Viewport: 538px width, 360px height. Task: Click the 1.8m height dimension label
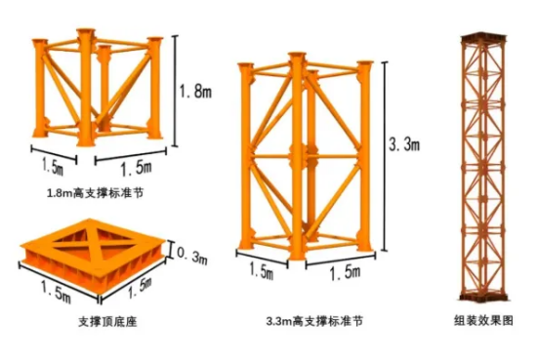[x=195, y=91]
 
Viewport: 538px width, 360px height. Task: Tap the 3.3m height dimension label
[x=404, y=143]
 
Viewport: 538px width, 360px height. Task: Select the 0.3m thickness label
[x=192, y=256]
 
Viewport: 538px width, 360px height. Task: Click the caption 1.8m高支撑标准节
[x=95, y=193]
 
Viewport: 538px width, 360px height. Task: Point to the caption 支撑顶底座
[x=107, y=322]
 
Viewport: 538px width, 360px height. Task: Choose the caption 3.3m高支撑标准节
[x=314, y=321]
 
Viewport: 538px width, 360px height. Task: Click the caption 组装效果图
[x=483, y=320]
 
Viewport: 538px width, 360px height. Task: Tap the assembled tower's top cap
[x=483, y=37]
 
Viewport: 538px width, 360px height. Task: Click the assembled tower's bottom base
[x=483, y=297]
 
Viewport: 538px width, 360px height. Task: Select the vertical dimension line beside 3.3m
[x=385, y=157]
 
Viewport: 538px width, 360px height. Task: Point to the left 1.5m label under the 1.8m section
[x=53, y=167]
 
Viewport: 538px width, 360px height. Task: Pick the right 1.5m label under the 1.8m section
[x=137, y=169]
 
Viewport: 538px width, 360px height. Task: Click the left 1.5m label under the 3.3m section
[x=261, y=271]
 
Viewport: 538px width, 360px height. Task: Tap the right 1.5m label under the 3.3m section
[x=346, y=272]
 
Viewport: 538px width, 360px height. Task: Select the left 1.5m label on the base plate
[x=56, y=292]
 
